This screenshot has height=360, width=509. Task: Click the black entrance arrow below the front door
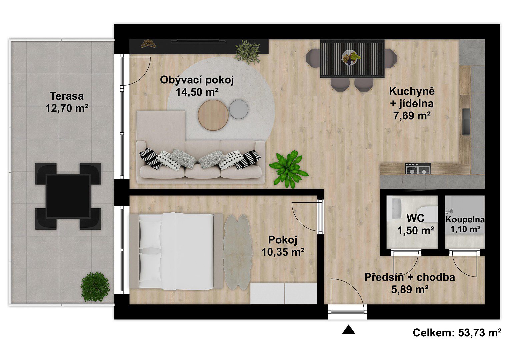(x=349, y=330)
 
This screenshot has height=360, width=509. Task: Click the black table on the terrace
(x=68, y=196)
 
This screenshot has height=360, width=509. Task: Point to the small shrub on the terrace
(x=95, y=287)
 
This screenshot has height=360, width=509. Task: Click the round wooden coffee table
(x=213, y=115)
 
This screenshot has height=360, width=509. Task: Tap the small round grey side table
(x=239, y=109)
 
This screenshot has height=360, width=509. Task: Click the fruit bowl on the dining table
(x=351, y=58)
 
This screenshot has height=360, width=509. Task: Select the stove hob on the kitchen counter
(x=418, y=169)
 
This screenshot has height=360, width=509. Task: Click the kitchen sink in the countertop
(x=467, y=122)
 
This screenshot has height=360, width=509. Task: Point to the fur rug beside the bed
(x=238, y=252)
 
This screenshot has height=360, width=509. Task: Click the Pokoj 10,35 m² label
(x=283, y=246)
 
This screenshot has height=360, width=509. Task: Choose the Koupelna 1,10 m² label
(x=465, y=225)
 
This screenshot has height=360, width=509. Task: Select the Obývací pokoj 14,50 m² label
(x=197, y=86)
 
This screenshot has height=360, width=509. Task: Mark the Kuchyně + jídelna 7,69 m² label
(x=412, y=103)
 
